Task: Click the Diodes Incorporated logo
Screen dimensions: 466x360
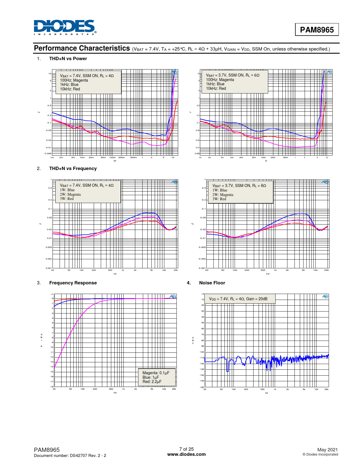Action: pos(65,27)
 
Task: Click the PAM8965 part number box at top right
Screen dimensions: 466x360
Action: pos(317,30)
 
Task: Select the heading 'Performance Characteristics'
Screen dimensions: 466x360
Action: pos(82,48)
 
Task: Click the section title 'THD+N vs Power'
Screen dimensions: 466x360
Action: pos(68,59)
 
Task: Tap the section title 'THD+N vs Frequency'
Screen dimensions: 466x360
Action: pos(73,169)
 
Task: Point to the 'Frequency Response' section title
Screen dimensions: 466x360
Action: pos(73,283)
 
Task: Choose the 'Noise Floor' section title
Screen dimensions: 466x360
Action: pos(212,283)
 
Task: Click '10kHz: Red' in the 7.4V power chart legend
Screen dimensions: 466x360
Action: pos(70,89)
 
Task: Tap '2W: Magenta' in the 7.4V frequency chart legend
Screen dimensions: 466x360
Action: pos(70,195)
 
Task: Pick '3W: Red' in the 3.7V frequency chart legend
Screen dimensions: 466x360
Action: pos(219,199)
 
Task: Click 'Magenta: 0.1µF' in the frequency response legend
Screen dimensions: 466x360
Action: pos(156,373)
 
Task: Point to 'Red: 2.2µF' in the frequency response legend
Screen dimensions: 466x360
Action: pos(152,382)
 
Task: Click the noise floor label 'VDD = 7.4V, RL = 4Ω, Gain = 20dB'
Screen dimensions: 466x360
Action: pos(238,299)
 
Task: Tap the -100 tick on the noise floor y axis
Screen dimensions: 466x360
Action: pos(202,352)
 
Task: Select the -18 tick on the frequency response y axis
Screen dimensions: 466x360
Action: pos(52,387)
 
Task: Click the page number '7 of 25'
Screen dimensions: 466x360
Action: pos(186,449)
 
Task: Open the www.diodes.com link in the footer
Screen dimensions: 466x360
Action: pos(186,454)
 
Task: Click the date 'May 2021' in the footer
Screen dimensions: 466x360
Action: pos(328,450)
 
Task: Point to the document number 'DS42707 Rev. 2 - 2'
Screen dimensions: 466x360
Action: pos(88,456)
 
